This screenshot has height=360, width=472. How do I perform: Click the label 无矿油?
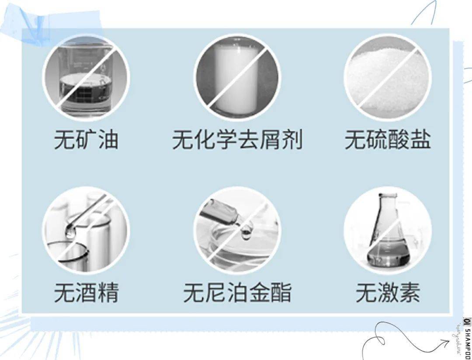coord(86,140)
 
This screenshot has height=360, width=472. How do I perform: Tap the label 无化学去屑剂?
coord(237,140)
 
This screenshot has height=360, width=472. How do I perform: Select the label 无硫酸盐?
coord(388,140)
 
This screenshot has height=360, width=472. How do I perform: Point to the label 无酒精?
coord(86,292)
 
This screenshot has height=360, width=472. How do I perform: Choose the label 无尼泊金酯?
coord(237,292)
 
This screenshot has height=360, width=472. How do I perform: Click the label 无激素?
coord(388,292)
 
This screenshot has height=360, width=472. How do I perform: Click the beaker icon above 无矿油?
coord(86,77)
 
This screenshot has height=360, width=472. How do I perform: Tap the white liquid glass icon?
coord(237,77)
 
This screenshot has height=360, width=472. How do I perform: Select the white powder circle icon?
coord(388,77)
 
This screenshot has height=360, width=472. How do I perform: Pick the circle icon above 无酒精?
coord(86,230)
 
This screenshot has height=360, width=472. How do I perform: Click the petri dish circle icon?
coord(237,230)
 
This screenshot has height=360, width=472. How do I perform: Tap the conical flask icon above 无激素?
coord(388,230)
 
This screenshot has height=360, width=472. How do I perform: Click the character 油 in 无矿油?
coord(108,140)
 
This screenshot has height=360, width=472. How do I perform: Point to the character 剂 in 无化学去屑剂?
coord(292,140)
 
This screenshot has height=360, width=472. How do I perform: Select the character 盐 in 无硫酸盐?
coord(420,140)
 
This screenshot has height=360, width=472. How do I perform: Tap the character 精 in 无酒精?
coord(108,292)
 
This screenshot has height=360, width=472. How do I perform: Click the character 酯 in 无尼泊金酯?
coord(281,292)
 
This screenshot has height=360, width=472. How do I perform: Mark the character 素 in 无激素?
coord(409,292)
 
